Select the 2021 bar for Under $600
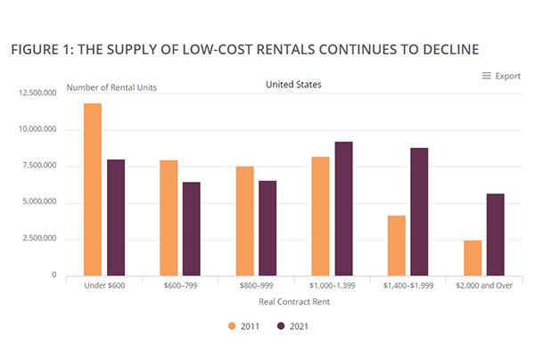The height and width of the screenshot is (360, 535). [x=116, y=217]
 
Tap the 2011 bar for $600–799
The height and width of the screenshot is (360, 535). [x=169, y=217]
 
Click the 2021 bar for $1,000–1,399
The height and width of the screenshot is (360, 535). [x=343, y=209]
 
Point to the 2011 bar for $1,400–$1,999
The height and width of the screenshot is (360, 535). [x=396, y=245]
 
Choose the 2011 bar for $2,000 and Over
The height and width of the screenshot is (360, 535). [x=472, y=258]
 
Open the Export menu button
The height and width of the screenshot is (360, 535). [x=501, y=76]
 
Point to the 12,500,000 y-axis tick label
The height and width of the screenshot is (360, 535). [x=37, y=92]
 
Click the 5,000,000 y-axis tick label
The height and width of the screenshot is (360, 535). [x=39, y=202]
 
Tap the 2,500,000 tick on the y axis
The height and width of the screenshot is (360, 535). [x=39, y=239]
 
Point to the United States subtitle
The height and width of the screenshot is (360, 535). [x=294, y=85]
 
